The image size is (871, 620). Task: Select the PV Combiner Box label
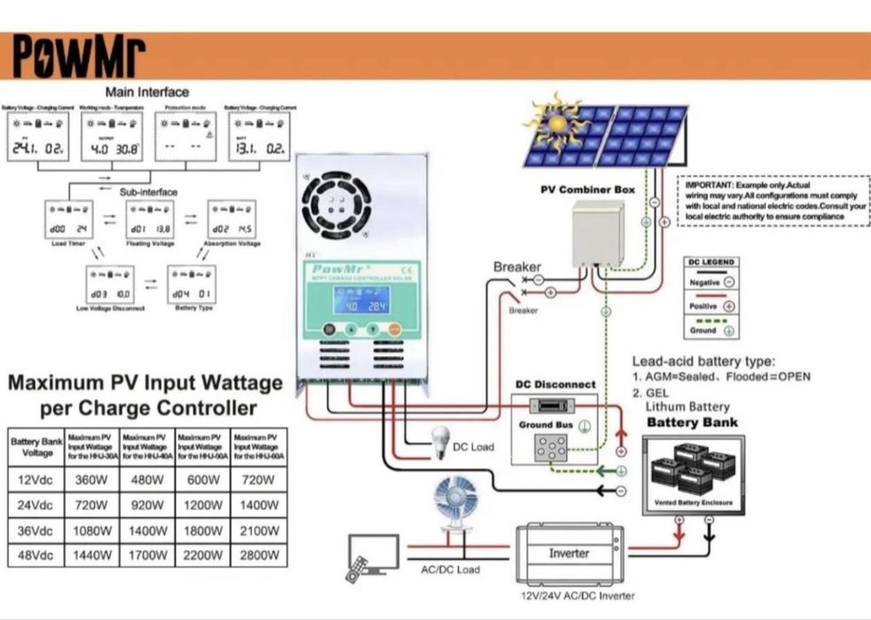pos(588,190)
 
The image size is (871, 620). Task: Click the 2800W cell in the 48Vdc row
pos(259,555)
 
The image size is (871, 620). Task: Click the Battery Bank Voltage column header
pos(35,447)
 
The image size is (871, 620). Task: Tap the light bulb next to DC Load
pos(439,440)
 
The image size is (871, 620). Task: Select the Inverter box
pos(569,553)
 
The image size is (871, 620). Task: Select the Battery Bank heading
pos(692,422)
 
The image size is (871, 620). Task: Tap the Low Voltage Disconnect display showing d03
pos(110,284)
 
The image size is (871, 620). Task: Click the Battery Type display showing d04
pos(191,284)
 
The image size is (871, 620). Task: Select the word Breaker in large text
pos(517,267)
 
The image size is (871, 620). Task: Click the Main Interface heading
pos(147,91)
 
